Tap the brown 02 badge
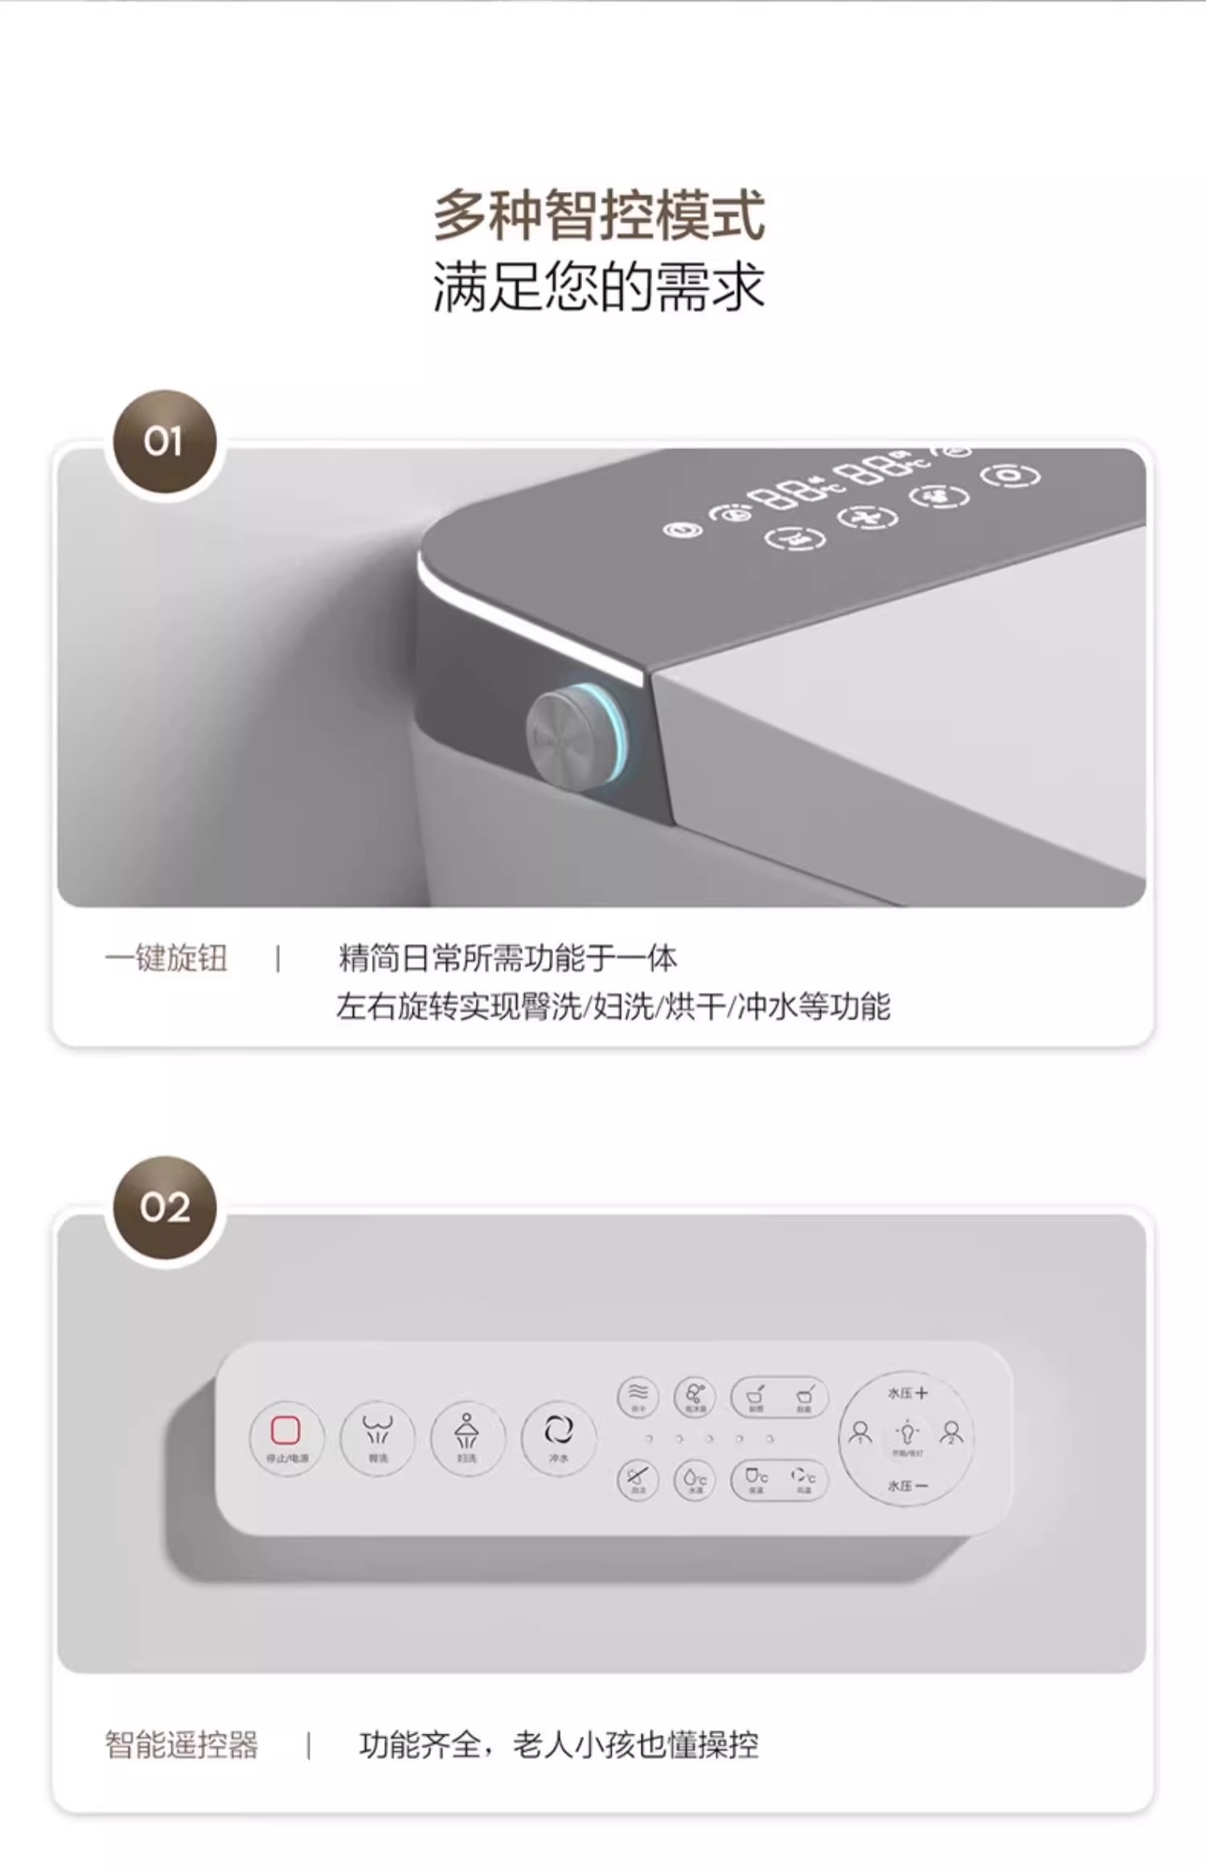click(165, 1207)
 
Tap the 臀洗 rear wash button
click(378, 1437)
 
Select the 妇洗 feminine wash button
click(467, 1437)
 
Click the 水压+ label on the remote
click(908, 1393)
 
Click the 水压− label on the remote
click(908, 1486)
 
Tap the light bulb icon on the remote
click(908, 1433)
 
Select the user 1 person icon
click(860, 1433)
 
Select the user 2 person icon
click(952, 1433)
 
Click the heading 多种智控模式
click(600, 215)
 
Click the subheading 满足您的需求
click(600, 286)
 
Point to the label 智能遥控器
click(182, 1746)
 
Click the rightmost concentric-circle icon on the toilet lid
click(1010, 476)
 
